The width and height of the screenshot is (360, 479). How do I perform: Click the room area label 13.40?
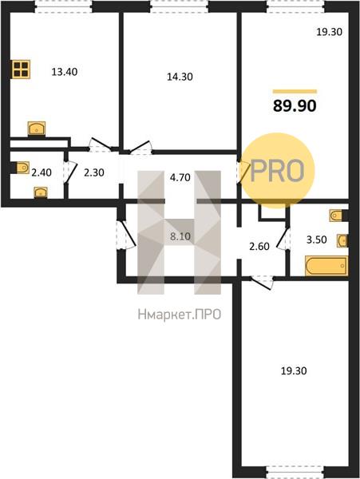[65, 72]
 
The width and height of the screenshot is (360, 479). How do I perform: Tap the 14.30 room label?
[180, 77]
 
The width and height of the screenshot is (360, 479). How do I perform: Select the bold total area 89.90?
[295, 106]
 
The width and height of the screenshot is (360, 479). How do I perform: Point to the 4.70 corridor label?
[180, 177]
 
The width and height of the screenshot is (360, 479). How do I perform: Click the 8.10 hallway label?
[180, 236]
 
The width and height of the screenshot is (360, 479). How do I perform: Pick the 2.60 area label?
[259, 246]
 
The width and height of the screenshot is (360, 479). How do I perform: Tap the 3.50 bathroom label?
[317, 239]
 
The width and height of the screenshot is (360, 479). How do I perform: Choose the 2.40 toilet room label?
[42, 172]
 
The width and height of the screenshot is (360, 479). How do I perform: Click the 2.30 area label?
[94, 172]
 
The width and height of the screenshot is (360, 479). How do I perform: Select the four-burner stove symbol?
[21, 69]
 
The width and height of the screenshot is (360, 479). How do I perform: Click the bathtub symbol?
[326, 266]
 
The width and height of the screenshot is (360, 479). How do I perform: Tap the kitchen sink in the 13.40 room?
[37, 129]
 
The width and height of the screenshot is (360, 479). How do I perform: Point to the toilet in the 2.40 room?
[21, 168]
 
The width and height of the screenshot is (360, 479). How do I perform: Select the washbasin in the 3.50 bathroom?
[342, 241]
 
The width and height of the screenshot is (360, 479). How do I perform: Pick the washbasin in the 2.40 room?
[41, 192]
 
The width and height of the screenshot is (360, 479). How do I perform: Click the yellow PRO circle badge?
[277, 170]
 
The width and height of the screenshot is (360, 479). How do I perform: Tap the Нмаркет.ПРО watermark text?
[180, 315]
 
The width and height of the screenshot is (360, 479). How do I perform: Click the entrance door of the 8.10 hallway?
[125, 234]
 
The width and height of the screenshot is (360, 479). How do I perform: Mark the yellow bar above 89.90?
[295, 91]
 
